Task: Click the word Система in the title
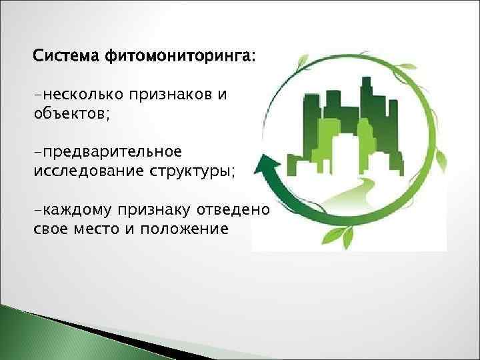point(65,57)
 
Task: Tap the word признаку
point(154,211)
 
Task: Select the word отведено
point(233,211)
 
